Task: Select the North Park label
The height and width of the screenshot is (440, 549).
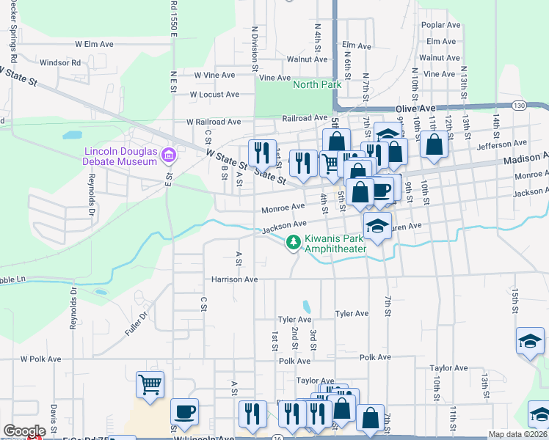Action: pos(317,85)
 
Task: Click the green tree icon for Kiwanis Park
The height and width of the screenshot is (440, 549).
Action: pos(294,242)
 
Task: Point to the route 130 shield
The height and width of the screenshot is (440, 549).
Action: pos(519,106)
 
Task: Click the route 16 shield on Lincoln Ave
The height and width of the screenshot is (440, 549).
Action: pos(276,437)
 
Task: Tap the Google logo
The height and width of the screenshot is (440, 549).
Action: pos(24,431)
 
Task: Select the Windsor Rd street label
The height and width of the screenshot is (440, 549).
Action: pos(60,63)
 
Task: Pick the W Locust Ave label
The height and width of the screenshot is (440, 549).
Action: pos(214,95)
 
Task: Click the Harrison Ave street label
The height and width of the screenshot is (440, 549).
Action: pos(235,279)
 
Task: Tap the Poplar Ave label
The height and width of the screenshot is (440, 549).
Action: pos(440,25)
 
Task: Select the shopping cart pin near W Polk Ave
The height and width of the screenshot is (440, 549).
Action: pos(150,384)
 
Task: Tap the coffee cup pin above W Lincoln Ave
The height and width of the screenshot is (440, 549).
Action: pos(184,411)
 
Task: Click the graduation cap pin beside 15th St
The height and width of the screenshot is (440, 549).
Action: pos(530,341)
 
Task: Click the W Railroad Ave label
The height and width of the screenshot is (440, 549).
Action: pos(214,122)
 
